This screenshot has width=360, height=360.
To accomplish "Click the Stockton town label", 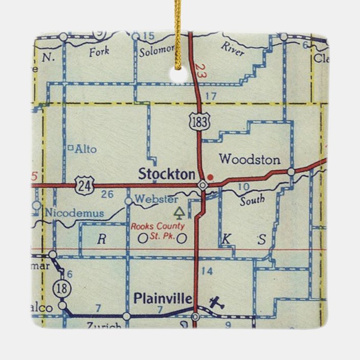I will coord(167,174).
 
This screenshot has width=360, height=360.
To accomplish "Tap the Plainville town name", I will coord(162,298).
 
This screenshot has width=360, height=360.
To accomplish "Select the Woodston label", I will coord(250,160).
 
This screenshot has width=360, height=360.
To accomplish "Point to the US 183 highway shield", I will coord(197,121).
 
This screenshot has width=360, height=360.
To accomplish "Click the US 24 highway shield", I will coord(82,185).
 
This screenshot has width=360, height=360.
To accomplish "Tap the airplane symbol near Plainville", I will coord(216,302).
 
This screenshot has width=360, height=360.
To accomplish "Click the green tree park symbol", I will coord(178,212).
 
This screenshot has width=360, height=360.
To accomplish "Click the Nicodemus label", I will coord(74,213).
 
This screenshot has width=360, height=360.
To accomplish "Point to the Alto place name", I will coord(85,149).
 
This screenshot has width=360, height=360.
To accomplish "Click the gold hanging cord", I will coord(177,31).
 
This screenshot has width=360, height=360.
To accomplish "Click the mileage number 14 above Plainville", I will coord(207,272).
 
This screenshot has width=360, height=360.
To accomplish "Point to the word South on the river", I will coord(252,200).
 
